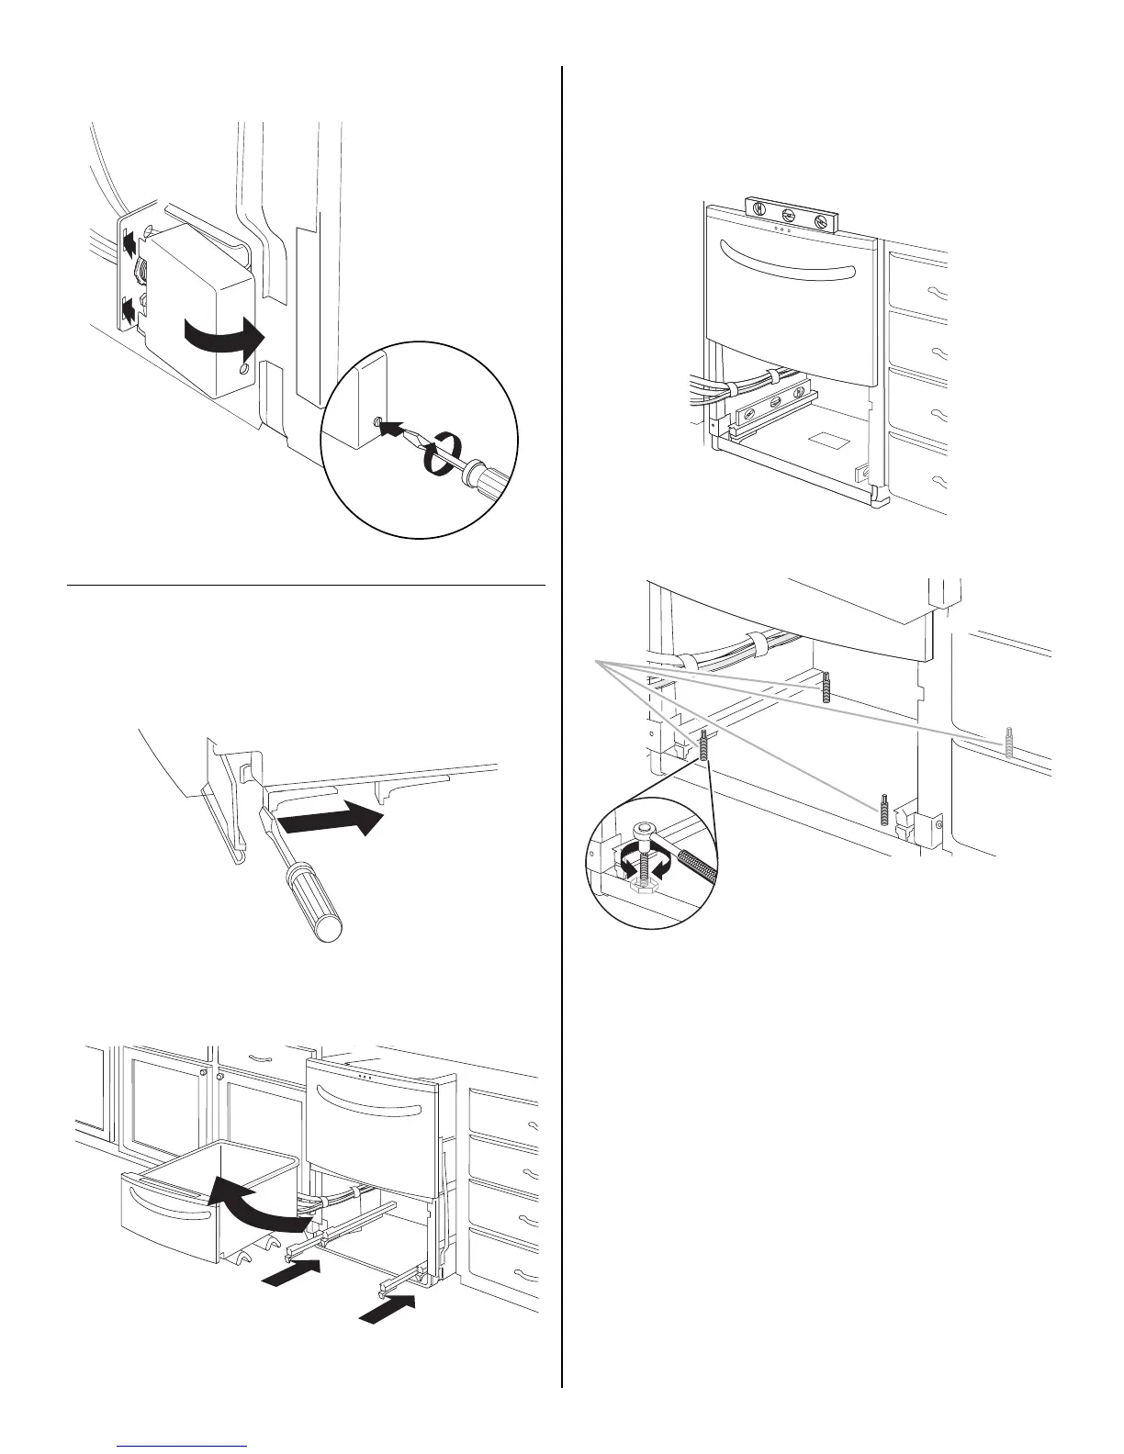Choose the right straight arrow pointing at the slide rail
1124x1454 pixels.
pos(389,1307)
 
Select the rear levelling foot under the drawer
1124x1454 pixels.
pos(826,687)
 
